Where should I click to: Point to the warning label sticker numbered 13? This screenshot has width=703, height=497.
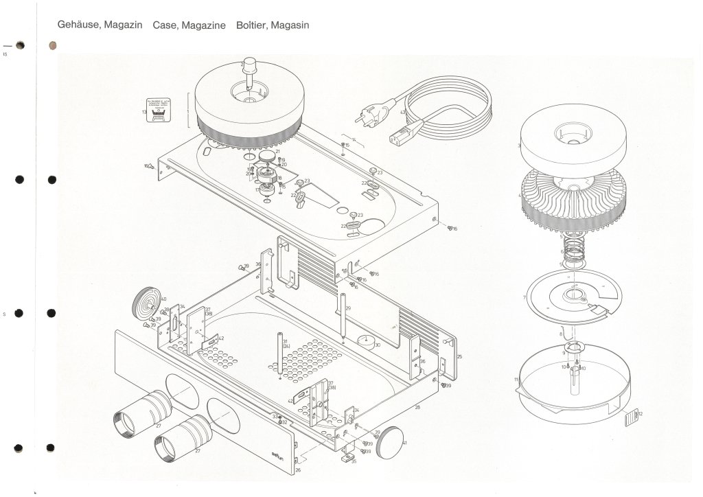[159, 110]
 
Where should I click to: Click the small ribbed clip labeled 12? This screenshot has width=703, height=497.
[631, 418]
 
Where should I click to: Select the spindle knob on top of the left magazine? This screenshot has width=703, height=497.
[247, 71]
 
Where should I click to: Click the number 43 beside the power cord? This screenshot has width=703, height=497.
[404, 111]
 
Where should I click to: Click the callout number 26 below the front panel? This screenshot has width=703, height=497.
[297, 471]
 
